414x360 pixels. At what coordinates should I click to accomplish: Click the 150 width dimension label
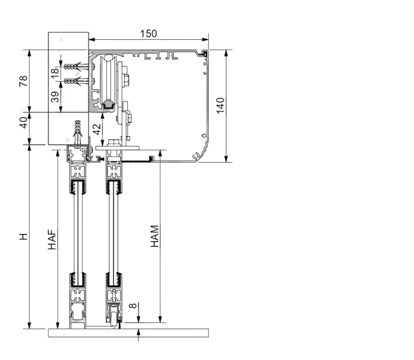[148, 34]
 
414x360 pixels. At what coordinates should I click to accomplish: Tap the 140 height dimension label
[221, 106]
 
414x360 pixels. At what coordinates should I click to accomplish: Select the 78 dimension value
[23, 81]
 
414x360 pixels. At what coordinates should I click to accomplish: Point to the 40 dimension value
[24, 123]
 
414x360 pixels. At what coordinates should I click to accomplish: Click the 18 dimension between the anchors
[55, 74]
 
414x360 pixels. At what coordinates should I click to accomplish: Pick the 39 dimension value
[55, 97]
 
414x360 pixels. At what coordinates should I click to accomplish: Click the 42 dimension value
[97, 129]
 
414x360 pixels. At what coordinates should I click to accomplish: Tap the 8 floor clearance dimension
[133, 306]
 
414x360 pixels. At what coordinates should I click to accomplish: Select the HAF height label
[52, 240]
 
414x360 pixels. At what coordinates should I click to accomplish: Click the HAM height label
[155, 236]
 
